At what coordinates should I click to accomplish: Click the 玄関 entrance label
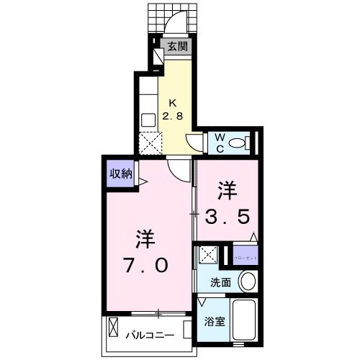178,46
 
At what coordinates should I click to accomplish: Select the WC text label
219,141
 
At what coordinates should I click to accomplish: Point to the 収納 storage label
120,173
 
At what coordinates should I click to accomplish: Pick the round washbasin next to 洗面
247,282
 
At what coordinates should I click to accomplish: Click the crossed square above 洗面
210,254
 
